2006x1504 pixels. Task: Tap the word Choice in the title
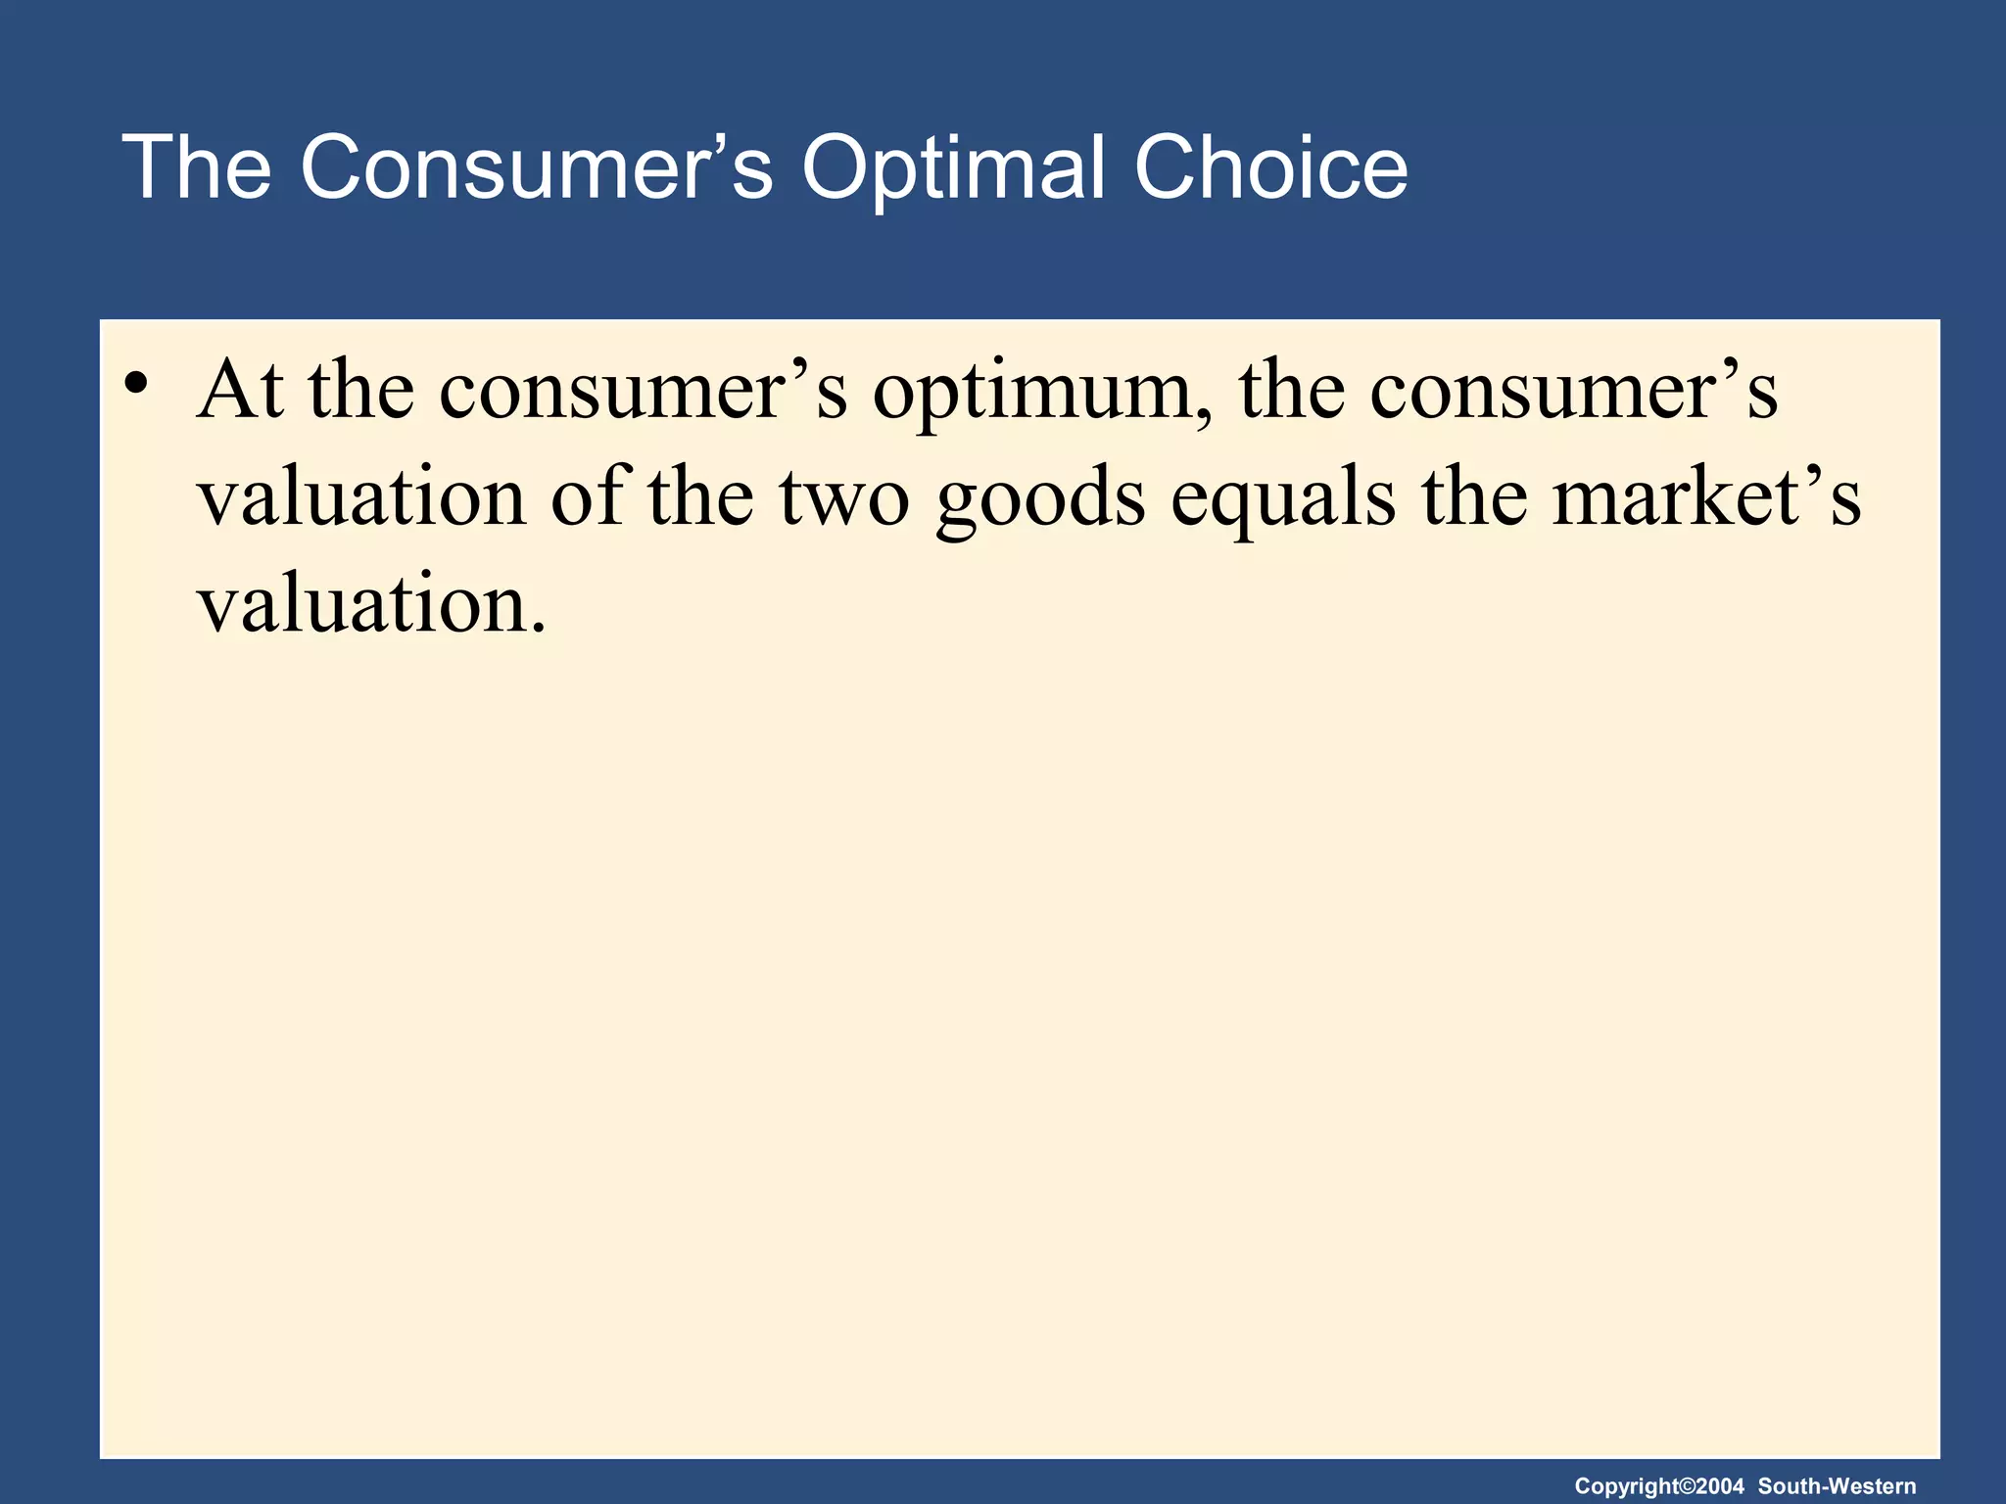point(1270,168)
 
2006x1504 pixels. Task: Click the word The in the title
point(197,168)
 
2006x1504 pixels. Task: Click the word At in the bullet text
point(240,391)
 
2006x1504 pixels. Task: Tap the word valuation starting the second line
point(362,498)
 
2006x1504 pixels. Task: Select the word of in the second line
point(588,496)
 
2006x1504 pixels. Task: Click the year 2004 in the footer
point(1721,1486)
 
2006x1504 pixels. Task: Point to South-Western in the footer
point(1837,1486)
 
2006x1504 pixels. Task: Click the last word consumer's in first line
point(1573,391)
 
